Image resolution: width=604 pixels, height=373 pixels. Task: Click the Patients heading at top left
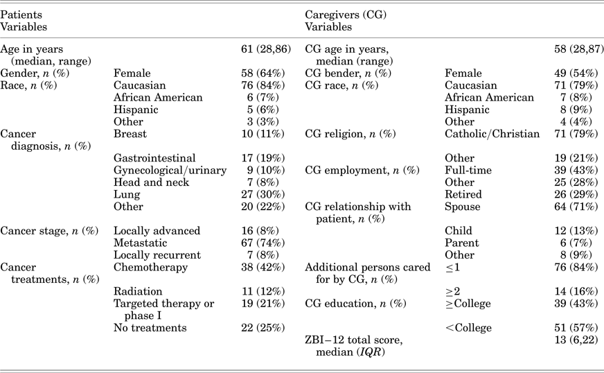[x=21, y=15]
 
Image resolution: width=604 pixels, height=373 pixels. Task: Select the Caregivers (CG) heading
[x=346, y=15]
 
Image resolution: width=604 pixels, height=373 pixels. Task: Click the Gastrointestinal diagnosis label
[x=154, y=158]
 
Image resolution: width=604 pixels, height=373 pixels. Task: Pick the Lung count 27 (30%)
[x=263, y=194]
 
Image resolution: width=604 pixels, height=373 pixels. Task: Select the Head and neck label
[x=152, y=182]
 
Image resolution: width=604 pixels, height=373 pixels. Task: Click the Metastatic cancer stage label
[x=140, y=243]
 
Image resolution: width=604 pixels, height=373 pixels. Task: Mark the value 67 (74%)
[x=263, y=243]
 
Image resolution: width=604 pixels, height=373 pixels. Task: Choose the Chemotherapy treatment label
[x=150, y=268]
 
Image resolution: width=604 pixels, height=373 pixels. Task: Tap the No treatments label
[x=150, y=328]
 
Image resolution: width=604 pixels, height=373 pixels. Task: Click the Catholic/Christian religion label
[x=492, y=134]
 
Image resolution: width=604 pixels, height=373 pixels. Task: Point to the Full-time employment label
[x=468, y=170]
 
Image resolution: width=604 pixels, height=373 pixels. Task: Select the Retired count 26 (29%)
[x=576, y=194]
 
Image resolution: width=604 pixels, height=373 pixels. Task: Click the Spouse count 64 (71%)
[x=576, y=207]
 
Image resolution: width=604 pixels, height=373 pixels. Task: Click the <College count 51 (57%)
[x=576, y=328]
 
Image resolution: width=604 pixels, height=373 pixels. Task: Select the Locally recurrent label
[x=157, y=255]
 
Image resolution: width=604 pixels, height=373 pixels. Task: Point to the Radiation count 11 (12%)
[x=263, y=292]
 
